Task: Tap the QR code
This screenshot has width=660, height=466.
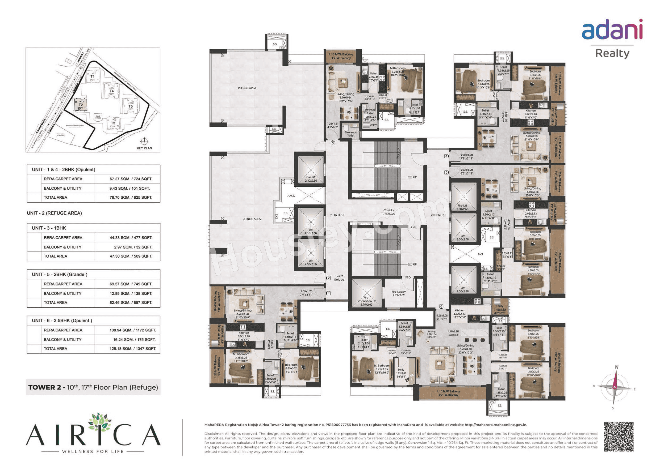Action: pyautogui.click(x=619, y=437)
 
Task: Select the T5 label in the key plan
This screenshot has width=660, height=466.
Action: pyautogui.click(x=131, y=106)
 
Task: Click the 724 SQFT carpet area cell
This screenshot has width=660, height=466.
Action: pyautogui.click(x=131, y=179)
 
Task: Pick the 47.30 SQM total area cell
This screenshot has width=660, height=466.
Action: pyautogui.click(x=131, y=256)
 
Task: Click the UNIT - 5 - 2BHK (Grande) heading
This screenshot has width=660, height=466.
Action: pyautogui.click(x=60, y=274)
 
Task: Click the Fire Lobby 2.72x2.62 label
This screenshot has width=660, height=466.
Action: pyautogui.click(x=398, y=293)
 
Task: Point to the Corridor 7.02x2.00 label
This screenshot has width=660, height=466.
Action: pyautogui.click(x=389, y=212)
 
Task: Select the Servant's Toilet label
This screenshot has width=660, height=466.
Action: pyautogui.click(x=351, y=134)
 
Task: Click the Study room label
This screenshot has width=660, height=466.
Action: pyautogui.click(x=401, y=371)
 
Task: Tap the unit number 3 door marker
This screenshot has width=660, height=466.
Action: pyautogui.click(x=333, y=143)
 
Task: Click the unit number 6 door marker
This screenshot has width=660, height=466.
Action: pyautogui.click(x=441, y=306)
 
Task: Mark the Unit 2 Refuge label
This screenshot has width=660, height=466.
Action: pyautogui.click(x=339, y=278)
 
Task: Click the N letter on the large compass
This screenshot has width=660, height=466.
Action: pyautogui.click(x=616, y=367)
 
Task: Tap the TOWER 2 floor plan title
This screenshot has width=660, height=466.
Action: pyautogui.click(x=93, y=387)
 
